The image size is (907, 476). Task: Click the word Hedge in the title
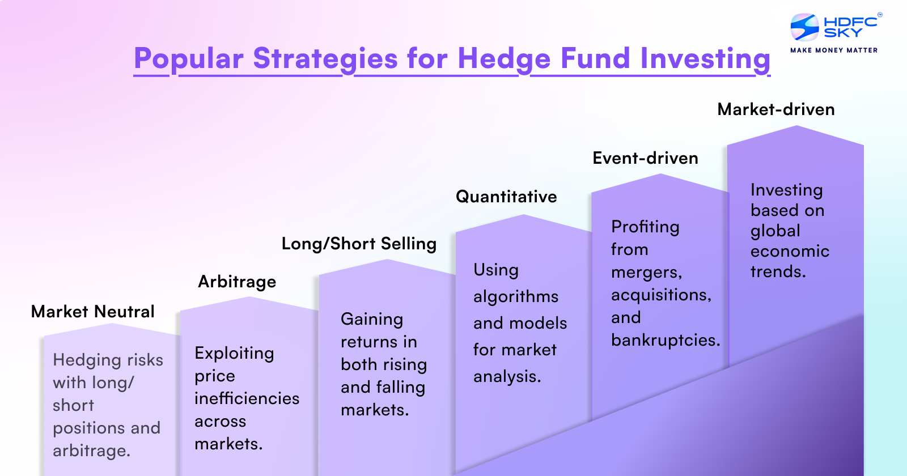pyautogui.click(x=504, y=59)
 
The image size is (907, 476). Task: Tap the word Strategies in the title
pyautogui.click(x=325, y=59)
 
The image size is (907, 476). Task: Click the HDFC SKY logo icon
pyautogui.click(x=804, y=27)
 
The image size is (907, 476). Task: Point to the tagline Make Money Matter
pyautogui.click(x=834, y=50)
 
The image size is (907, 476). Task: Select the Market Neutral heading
pyautogui.click(x=93, y=312)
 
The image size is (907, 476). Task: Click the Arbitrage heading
pyautogui.click(x=237, y=282)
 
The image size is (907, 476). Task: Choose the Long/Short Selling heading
pyautogui.click(x=359, y=244)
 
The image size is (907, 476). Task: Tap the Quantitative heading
pyautogui.click(x=506, y=197)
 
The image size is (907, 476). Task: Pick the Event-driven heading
pyautogui.click(x=646, y=158)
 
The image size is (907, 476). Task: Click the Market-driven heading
pyautogui.click(x=776, y=109)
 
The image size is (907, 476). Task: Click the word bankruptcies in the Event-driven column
pyautogui.click(x=666, y=341)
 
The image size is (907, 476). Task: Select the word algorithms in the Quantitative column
pyautogui.click(x=516, y=297)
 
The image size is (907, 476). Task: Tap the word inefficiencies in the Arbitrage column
pyautogui.click(x=247, y=398)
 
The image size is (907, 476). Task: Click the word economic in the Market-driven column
pyautogui.click(x=790, y=252)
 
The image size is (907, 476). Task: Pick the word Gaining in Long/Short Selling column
pyautogui.click(x=372, y=320)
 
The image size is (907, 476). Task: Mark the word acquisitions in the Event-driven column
pyautogui.click(x=661, y=295)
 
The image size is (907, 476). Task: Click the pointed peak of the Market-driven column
pyautogui.click(x=796, y=126)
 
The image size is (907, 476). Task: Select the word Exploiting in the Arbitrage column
pyautogui.click(x=234, y=354)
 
